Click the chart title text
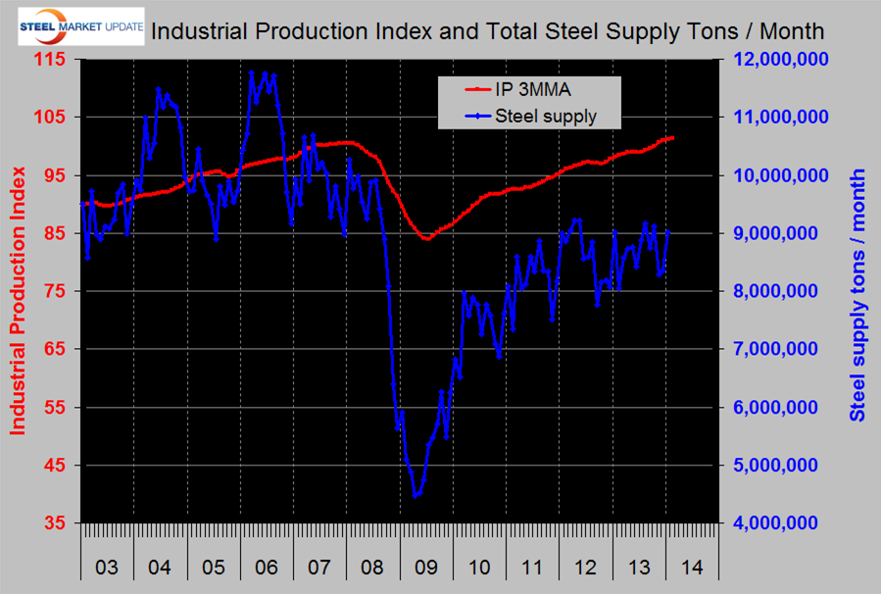click(x=487, y=30)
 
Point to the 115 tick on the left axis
click(x=50, y=60)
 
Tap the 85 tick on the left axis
click(x=54, y=233)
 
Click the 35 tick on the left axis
click(x=54, y=523)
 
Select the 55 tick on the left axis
click(x=54, y=408)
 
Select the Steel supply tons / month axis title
click(x=858, y=294)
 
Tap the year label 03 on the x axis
click(x=106, y=568)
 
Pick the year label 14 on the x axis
click(x=693, y=568)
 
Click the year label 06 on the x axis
click(x=266, y=568)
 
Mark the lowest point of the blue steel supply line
click(x=416, y=496)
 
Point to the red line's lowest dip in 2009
click(x=427, y=238)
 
